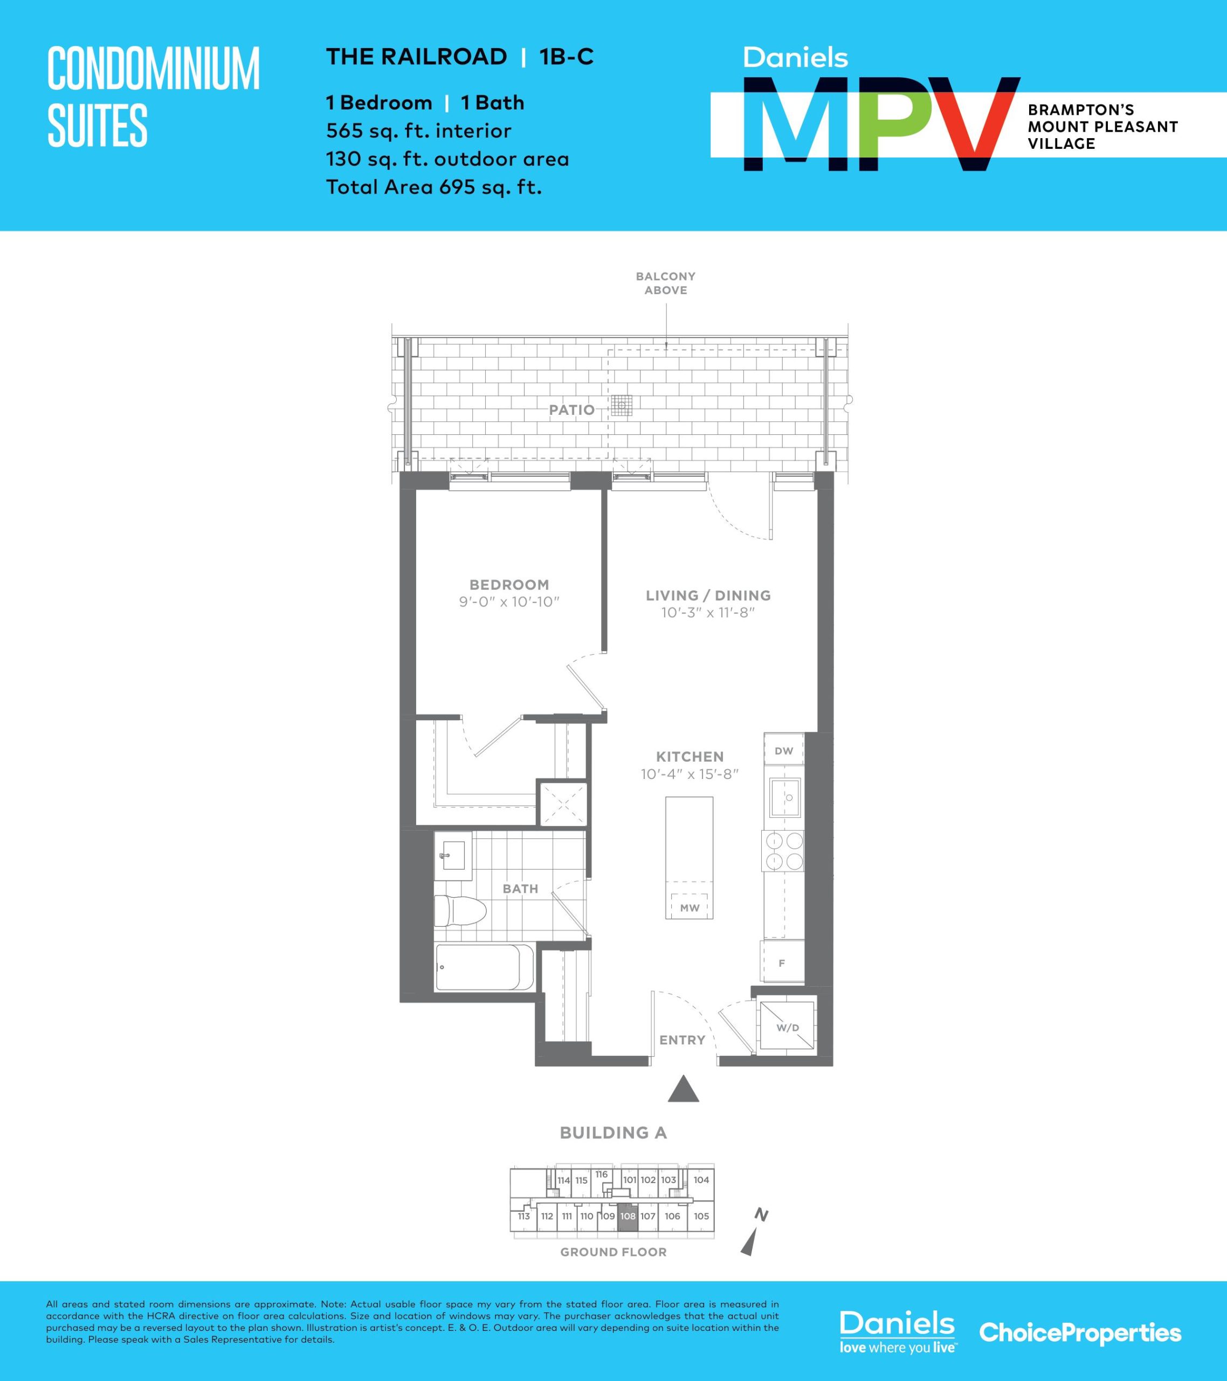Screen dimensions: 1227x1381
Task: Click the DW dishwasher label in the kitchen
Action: pos(783,750)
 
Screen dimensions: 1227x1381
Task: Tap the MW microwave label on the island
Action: pos(690,908)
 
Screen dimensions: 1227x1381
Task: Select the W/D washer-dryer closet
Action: pos(786,1027)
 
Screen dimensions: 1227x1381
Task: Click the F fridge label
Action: pos(782,963)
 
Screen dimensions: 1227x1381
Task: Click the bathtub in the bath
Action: pos(484,967)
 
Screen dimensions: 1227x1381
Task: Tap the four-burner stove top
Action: pos(783,851)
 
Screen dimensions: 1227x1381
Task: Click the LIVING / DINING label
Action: pos(708,595)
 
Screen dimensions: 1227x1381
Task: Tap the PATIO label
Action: pos(571,409)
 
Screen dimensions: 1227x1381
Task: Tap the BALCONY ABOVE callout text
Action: pos(665,283)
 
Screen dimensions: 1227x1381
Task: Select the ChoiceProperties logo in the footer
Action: pos(1080,1332)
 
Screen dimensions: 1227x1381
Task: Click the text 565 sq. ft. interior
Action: pos(419,131)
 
